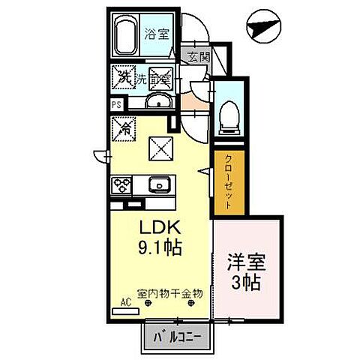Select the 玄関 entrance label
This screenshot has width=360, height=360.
coord(197,57)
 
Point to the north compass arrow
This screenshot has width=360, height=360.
coord(264,26)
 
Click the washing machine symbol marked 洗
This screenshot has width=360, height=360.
coord(124,76)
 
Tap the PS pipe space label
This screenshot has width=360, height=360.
coord(116,105)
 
